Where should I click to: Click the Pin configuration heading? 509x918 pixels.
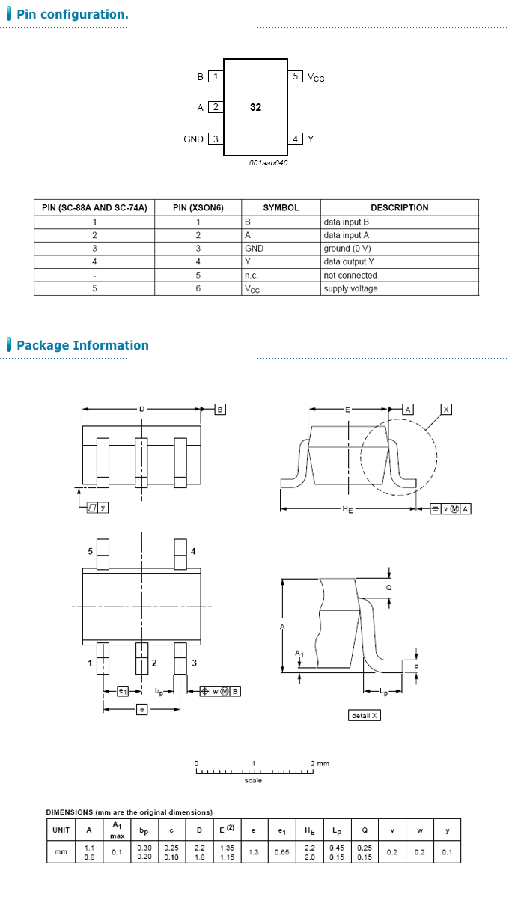[72, 14]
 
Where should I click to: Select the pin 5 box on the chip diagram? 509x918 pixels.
[296, 76]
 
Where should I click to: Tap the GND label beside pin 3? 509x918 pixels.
[193, 139]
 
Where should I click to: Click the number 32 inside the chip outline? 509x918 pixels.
[255, 108]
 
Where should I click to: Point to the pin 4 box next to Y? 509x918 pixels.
[296, 139]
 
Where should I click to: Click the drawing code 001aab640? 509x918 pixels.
[268, 162]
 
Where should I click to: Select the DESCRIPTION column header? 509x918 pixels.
[399, 207]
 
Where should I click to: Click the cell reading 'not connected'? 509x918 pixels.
[350, 276]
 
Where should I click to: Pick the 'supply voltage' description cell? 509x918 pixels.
[350, 289]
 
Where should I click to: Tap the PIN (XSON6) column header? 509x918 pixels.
[198, 207]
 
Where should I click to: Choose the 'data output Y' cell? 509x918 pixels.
[349, 262]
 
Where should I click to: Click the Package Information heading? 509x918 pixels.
[82, 345]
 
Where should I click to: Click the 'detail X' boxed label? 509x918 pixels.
[365, 715]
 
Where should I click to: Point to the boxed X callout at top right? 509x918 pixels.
[446, 410]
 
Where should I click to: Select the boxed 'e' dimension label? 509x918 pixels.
[141, 708]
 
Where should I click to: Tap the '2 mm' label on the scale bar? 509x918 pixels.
[320, 764]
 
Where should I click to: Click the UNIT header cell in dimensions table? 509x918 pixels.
[61, 830]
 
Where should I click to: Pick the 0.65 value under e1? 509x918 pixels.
[281, 852]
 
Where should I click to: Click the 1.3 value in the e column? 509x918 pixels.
[253, 852]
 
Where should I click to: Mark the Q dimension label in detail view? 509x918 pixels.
[388, 589]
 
